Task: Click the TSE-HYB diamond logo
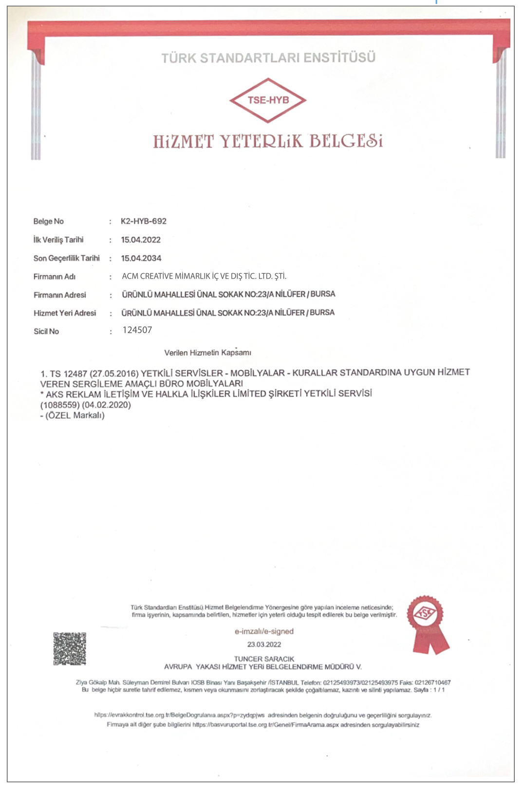(x=268, y=100)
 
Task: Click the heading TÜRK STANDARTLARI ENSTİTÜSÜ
(x=268, y=58)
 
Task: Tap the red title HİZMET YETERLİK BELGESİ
(x=268, y=141)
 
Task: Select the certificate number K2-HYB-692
(x=144, y=221)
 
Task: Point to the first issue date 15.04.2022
(x=141, y=240)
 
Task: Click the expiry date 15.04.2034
(x=141, y=258)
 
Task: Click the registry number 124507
(x=137, y=330)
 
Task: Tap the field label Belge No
(x=49, y=222)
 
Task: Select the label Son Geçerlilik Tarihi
(x=66, y=258)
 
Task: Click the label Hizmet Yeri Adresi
(x=65, y=313)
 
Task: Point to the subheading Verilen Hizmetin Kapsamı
(x=207, y=352)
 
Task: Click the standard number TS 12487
(x=68, y=374)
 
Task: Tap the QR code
(x=70, y=649)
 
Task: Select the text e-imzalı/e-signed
(x=264, y=631)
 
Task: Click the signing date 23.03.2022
(x=264, y=644)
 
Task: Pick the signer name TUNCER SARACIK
(x=264, y=659)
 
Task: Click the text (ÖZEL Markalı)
(x=75, y=415)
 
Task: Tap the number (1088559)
(x=59, y=405)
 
